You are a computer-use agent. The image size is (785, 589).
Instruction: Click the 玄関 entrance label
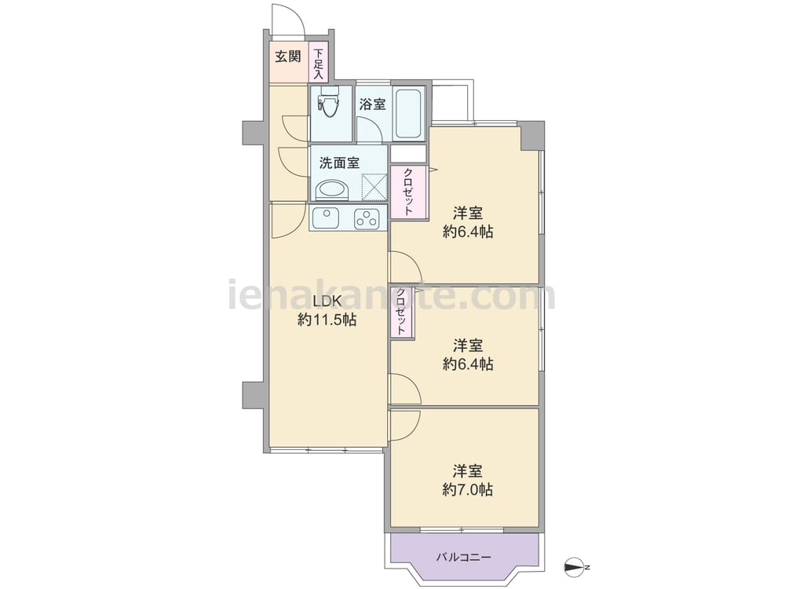(288, 57)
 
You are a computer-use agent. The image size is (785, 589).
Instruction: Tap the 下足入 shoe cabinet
(319, 63)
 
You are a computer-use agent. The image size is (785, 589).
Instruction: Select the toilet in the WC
(329, 101)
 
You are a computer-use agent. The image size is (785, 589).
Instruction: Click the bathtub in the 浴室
(409, 113)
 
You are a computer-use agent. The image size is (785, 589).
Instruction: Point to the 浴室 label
(372, 104)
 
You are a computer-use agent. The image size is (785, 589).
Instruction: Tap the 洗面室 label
(339, 163)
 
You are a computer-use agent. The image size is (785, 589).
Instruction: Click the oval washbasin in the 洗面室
(331, 190)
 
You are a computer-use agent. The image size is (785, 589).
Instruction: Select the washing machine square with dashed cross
(374, 186)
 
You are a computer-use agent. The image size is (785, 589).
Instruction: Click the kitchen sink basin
(326, 218)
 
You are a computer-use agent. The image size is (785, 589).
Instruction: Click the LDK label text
(327, 301)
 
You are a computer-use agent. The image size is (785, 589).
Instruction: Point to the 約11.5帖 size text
(327, 320)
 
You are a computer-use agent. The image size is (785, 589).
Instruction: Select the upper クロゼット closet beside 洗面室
(408, 192)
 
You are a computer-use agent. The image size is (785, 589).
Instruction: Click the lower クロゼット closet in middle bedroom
(402, 313)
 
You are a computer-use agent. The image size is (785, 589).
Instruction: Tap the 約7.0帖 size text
(468, 489)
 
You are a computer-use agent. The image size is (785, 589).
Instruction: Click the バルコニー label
(464, 557)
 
